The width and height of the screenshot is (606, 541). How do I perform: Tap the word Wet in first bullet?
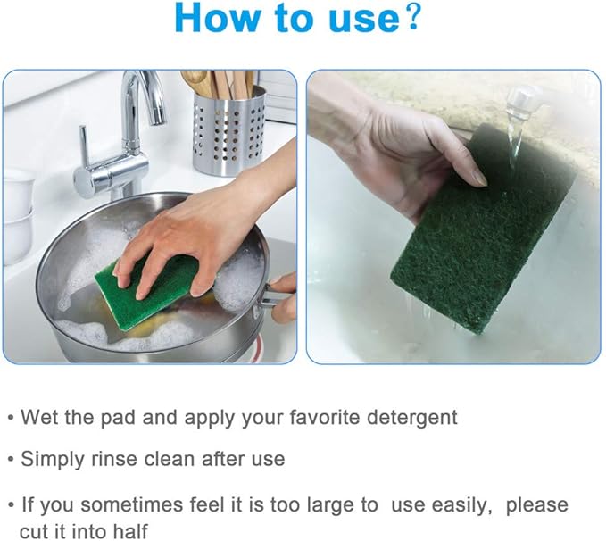[x=38, y=417]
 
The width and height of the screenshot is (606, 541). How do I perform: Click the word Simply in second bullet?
[x=54, y=460]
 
